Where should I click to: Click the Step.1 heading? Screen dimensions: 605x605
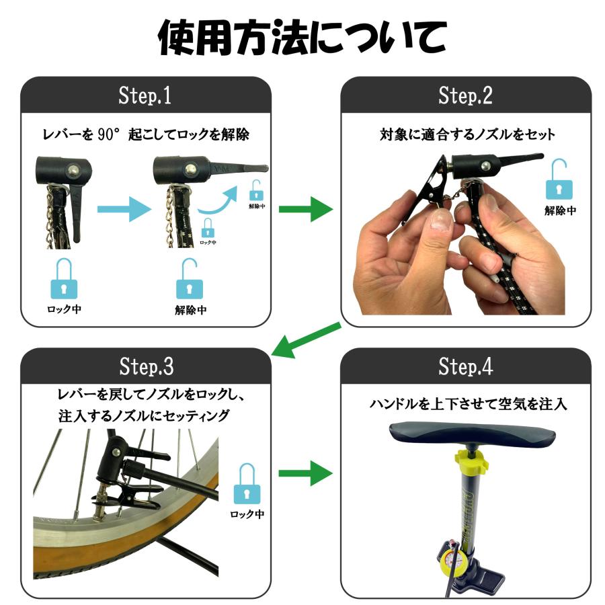tap(145, 95)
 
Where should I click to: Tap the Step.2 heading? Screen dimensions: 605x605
tap(465, 95)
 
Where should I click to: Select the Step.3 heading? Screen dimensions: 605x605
tap(147, 366)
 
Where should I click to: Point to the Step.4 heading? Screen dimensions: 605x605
tap(466, 366)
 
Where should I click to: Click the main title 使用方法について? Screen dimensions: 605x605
tap(302, 37)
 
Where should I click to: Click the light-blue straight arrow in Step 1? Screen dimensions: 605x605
tap(124, 209)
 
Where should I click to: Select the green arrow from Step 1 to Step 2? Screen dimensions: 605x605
tap(306, 209)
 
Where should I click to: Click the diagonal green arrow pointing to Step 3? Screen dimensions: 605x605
tap(306, 339)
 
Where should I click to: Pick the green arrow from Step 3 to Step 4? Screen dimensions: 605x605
tap(306, 473)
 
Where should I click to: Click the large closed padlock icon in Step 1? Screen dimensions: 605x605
tap(64, 278)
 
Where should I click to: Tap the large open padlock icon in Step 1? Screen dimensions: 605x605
tap(190, 278)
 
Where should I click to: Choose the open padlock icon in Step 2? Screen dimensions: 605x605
tap(559, 179)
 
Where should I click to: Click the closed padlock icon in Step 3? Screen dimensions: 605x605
tap(247, 484)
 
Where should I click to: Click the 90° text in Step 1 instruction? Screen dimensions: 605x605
tap(106, 134)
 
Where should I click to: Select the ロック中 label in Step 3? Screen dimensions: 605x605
tap(247, 514)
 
